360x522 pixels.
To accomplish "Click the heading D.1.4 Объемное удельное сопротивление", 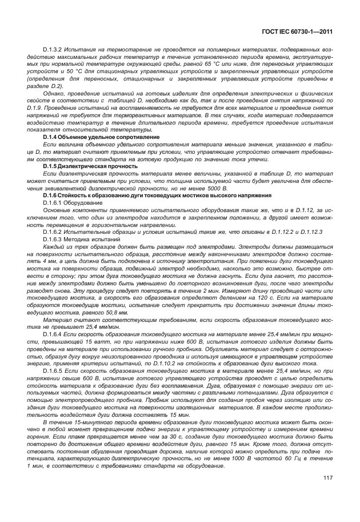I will coord(101,138).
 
